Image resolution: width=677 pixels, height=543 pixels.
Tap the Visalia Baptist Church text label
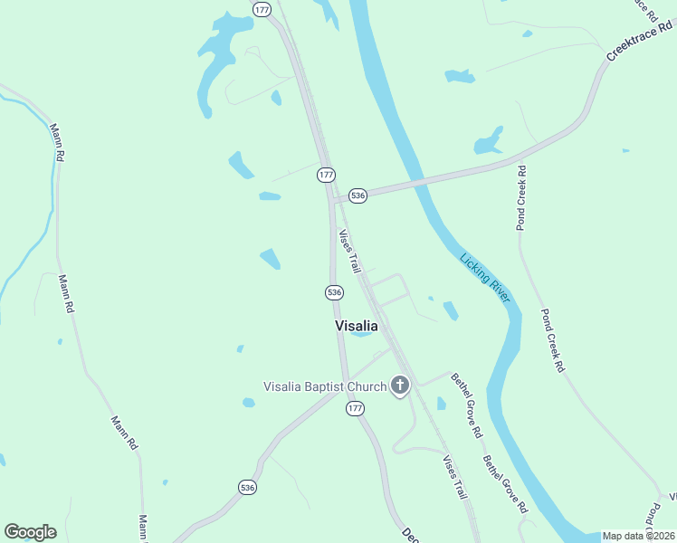click(324, 386)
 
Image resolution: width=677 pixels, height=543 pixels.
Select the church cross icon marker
click(399, 386)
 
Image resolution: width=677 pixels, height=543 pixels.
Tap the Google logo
click(30, 532)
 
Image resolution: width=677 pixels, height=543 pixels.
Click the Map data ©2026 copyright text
click(638, 536)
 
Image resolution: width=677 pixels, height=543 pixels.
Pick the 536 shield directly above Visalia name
click(334, 291)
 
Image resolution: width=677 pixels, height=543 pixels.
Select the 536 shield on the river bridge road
click(358, 195)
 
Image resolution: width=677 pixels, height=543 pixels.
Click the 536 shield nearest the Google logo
click(248, 487)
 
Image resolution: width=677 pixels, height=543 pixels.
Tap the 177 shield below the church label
click(355, 410)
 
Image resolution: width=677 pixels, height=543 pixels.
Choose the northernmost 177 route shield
click(262, 9)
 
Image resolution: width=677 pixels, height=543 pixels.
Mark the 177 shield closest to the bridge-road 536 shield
click(327, 174)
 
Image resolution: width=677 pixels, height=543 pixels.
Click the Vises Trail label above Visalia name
click(350, 252)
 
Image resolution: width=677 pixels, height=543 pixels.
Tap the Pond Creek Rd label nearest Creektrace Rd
click(522, 198)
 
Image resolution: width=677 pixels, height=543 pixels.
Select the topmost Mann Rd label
click(56, 143)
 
